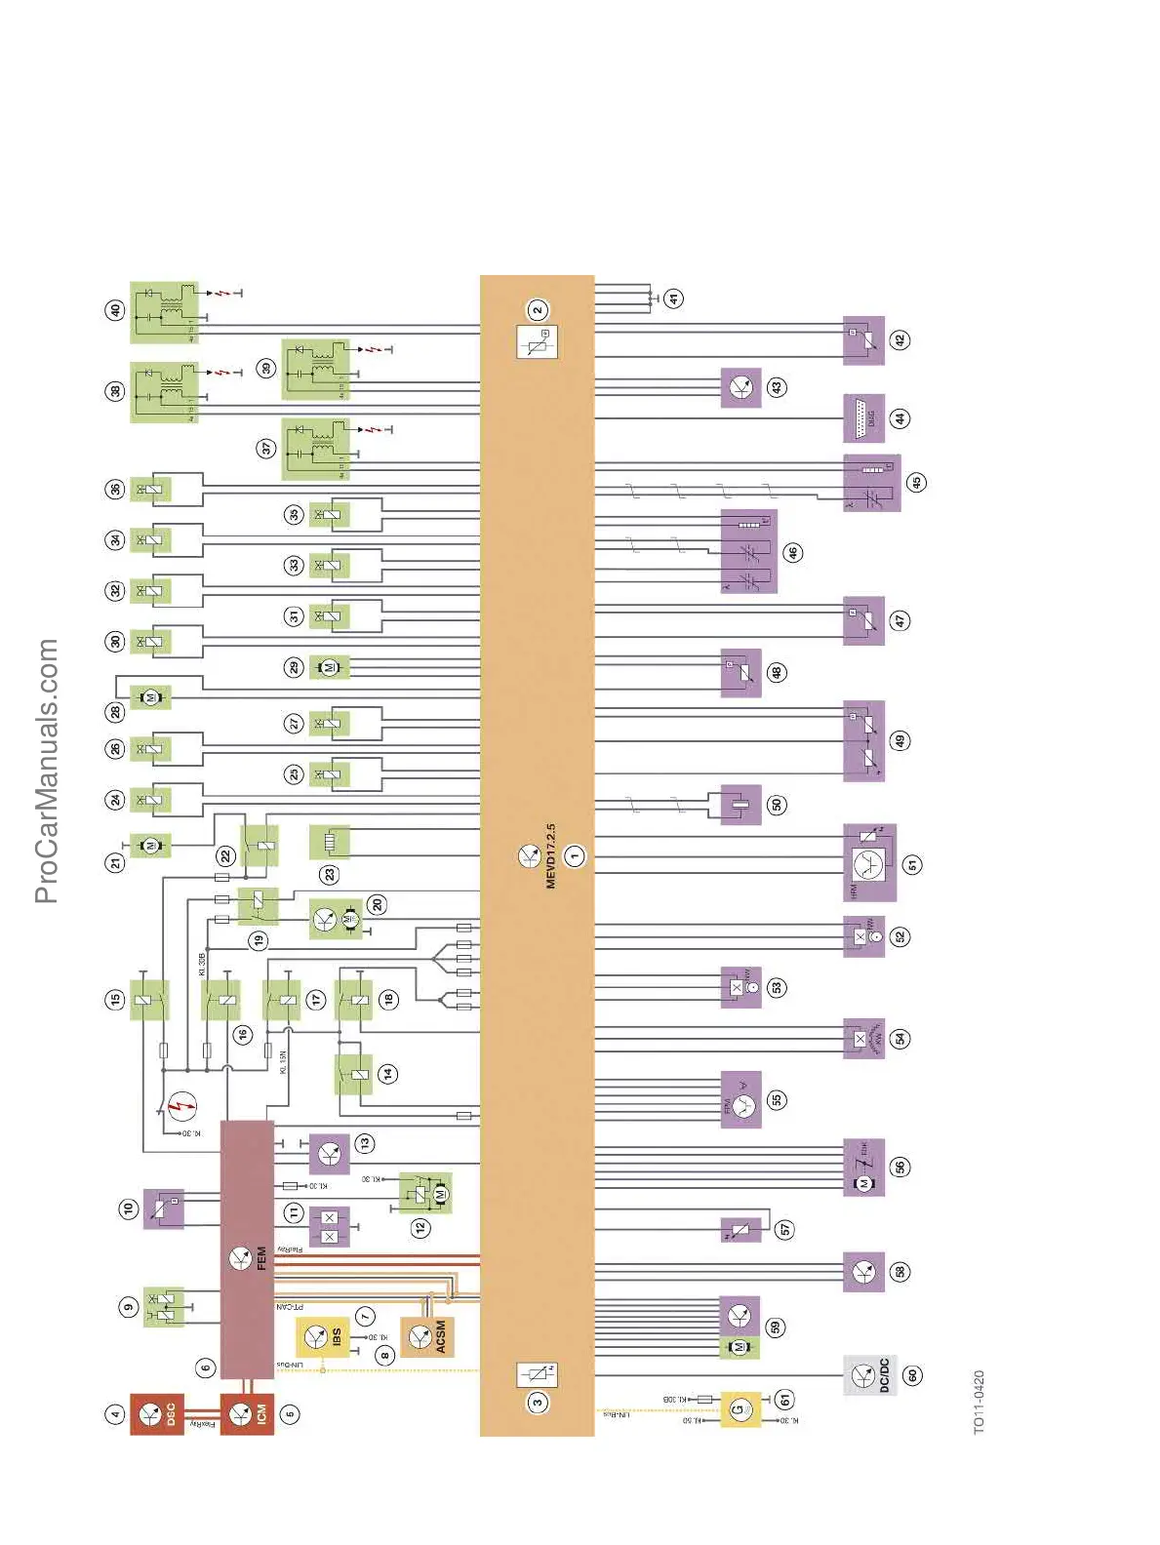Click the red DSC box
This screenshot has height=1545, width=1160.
(x=156, y=1414)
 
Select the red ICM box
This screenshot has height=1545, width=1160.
(x=247, y=1414)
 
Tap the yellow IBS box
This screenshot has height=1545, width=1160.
(x=323, y=1336)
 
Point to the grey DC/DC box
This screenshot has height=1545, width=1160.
(x=869, y=1375)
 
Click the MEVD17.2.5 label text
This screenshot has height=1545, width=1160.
(x=550, y=855)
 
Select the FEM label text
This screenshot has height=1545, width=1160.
(x=261, y=1258)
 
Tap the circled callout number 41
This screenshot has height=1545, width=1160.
(x=674, y=298)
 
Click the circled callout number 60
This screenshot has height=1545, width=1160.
(x=912, y=1375)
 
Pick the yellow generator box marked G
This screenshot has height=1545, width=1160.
(x=740, y=1409)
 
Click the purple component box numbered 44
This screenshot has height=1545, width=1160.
(x=863, y=418)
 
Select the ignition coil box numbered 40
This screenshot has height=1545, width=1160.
(x=164, y=313)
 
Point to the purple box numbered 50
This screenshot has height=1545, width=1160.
(x=741, y=805)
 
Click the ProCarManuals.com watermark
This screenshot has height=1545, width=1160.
(x=47, y=771)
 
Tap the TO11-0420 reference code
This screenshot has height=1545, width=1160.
(x=979, y=1402)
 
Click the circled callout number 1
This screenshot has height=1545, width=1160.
(x=575, y=856)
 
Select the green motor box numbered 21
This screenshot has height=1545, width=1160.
(x=150, y=846)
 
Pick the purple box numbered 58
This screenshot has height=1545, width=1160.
(x=863, y=1272)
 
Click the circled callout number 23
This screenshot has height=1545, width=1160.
(x=330, y=874)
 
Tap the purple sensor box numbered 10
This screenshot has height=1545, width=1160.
(x=164, y=1209)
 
